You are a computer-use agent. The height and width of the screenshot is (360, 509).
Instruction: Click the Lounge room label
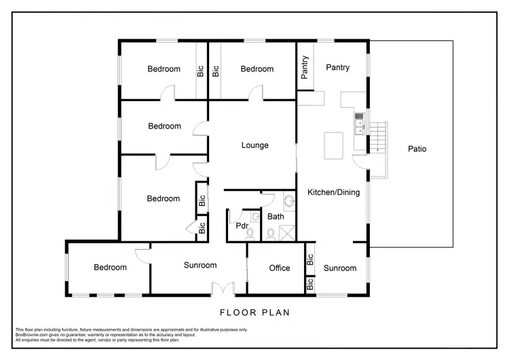tap(255, 145)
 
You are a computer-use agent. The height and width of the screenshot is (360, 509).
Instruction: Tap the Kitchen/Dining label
tap(334, 192)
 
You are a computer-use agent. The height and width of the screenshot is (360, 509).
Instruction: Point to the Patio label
tap(417, 149)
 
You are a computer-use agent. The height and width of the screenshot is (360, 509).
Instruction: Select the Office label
tap(280, 268)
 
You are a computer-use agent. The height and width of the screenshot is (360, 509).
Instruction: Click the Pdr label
tap(241, 226)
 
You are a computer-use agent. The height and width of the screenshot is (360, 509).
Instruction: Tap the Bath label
tap(276, 217)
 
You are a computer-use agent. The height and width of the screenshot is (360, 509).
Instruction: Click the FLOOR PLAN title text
tap(254, 313)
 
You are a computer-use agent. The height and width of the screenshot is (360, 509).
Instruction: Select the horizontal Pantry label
tap(337, 68)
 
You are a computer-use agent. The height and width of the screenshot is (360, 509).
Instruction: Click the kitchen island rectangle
tap(332, 145)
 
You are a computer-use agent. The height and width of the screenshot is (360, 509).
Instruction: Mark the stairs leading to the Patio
tap(377, 136)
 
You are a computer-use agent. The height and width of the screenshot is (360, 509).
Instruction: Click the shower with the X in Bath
tap(287, 233)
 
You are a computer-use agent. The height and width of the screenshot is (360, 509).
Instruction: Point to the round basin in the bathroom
tap(288, 202)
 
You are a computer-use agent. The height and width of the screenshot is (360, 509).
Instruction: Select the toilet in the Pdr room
tap(250, 233)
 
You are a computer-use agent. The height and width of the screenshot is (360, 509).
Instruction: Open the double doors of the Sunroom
tap(223, 289)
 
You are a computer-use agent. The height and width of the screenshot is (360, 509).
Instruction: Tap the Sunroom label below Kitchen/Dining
tap(339, 268)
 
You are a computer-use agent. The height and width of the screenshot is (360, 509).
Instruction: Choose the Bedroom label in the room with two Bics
tap(164, 199)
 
